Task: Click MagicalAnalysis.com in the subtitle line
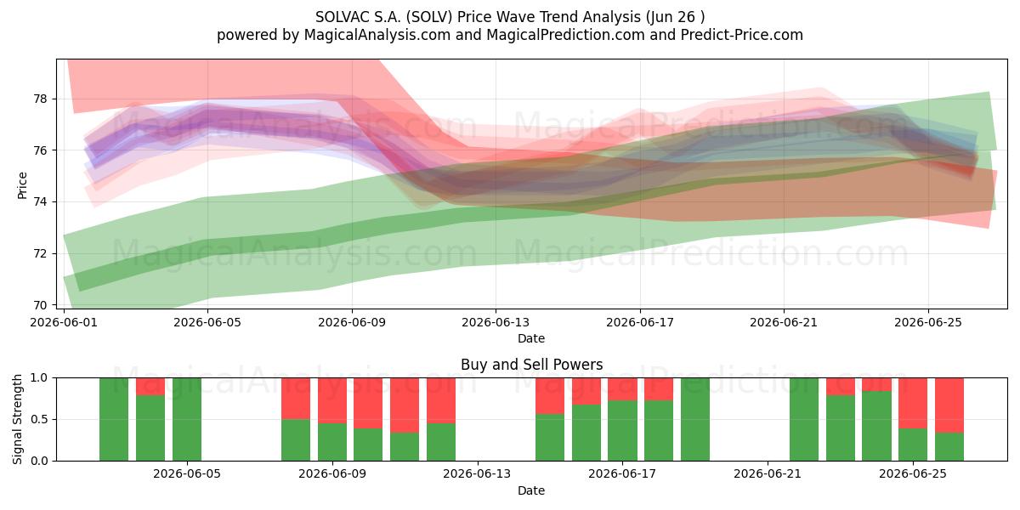[377, 35]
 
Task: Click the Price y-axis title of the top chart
[22, 185]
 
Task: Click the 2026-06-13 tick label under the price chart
[496, 322]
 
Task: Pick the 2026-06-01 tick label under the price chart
[64, 322]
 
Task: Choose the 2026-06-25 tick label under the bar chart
[913, 474]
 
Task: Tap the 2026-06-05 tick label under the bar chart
[187, 474]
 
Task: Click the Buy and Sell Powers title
[532, 365]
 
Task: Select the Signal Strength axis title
[17, 419]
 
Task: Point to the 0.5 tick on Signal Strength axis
[39, 419]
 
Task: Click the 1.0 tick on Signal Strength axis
[39, 378]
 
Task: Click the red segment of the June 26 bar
[949, 405]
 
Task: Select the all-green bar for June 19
[695, 419]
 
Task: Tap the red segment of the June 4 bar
[150, 387]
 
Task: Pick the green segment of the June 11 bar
[405, 447]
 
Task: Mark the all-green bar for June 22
[804, 419]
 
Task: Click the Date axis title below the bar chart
[531, 490]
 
